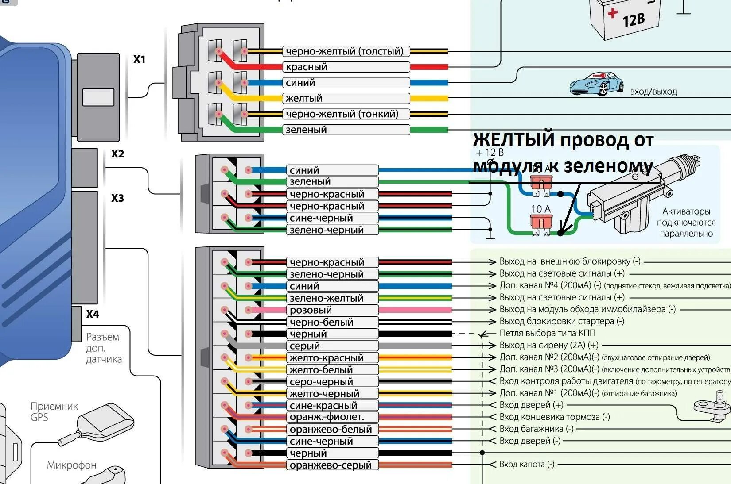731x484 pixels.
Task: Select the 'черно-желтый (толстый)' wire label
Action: (x=345, y=51)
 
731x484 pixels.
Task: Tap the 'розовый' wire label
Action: (x=311, y=310)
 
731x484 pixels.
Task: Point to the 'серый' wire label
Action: (x=305, y=346)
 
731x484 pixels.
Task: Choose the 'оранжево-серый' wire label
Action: (x=331, y=465)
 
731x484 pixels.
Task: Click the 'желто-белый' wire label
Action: (x=321, y=370)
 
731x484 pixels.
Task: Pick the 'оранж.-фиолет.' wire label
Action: (x=327, y=417)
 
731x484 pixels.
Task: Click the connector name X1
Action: (x=140, y=59)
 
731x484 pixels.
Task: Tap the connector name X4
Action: (x=93, y=315)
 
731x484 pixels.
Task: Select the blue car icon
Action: (x=596, y=84)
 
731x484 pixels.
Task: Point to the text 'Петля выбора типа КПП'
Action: (x=548, y=333)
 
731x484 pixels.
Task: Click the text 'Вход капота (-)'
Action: (x=527, y=465)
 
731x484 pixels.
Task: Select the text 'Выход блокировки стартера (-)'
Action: (x=562, y=321)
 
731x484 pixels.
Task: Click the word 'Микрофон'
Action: (x=71, y=465)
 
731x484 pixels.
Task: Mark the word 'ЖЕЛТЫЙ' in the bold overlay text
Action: (x=514, y=140)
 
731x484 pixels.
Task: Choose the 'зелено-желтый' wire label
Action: (x=327, y=298)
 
